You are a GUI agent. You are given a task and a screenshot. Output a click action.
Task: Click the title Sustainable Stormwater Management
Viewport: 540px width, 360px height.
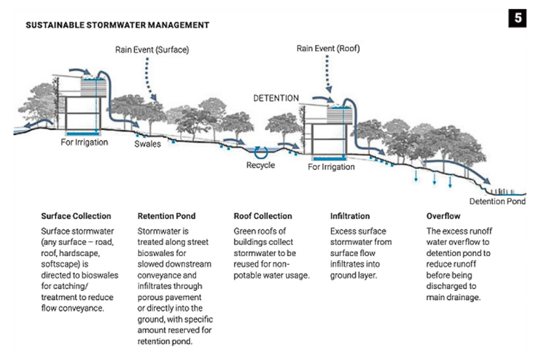pyautogui.click(x=117, y=25)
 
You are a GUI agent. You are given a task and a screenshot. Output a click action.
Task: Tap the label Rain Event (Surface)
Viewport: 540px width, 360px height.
pyautogui.click(x=153, y=50)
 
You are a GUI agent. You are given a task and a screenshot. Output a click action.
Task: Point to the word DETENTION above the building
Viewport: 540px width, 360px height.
pyautogui.click(x=276, y=98)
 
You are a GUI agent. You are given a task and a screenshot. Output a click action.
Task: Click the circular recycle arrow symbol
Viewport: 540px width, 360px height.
pyautogui.click(x=261, y=150)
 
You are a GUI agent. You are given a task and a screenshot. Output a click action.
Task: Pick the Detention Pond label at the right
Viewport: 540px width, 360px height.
pyautogui.click(x=496, y=202)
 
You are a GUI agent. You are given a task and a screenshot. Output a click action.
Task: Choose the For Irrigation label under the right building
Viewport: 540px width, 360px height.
pyautogui.click(x=332, y=167)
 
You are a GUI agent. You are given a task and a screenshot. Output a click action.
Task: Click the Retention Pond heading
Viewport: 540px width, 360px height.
pyautogui.click(x=167, y=216)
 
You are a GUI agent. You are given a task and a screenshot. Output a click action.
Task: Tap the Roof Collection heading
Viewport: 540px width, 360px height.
pyautogui.click(x=262, y=216)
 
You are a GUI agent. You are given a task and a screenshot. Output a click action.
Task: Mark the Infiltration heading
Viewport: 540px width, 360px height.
pyautogui.click(x=350, y=216)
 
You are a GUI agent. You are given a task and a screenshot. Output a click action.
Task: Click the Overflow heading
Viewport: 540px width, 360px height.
pyautogui.click(x=445, y=216)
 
